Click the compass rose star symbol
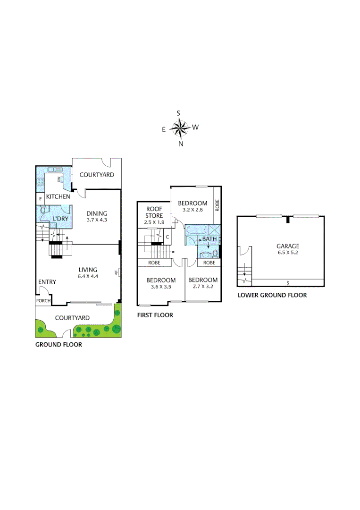point(179,127)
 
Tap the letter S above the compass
point(178,113)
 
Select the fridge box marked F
point(41,198)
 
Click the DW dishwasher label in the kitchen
point(59,179)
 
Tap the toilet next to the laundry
point(42,211)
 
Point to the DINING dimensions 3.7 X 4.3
point(97,220)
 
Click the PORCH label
point(43,301)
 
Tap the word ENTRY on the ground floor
point(47,282)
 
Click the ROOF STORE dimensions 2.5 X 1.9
point(154,222)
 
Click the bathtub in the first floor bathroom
point(195,230)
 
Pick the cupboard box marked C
point(167,237)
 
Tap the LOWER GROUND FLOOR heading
point(272,295)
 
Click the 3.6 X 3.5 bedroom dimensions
point(161,287)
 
